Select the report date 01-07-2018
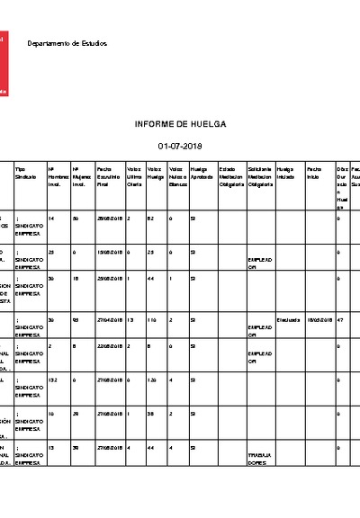click(180, 145)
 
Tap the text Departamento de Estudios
click(67, 43)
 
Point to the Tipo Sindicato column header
click(27, 174)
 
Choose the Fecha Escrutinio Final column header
click(108, 177)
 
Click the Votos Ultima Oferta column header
click(135, 177)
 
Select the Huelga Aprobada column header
click(201, 174)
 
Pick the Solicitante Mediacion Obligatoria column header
click(260, 177)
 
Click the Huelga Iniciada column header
click(286, 174)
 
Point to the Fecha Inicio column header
click(314, 174)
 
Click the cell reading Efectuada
click(289, 319)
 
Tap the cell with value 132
click(53, 380)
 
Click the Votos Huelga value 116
click(154, 319)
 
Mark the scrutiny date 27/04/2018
click(108, 319)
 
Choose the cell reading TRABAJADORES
click(260, 460)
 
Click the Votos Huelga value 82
click(152, 219)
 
